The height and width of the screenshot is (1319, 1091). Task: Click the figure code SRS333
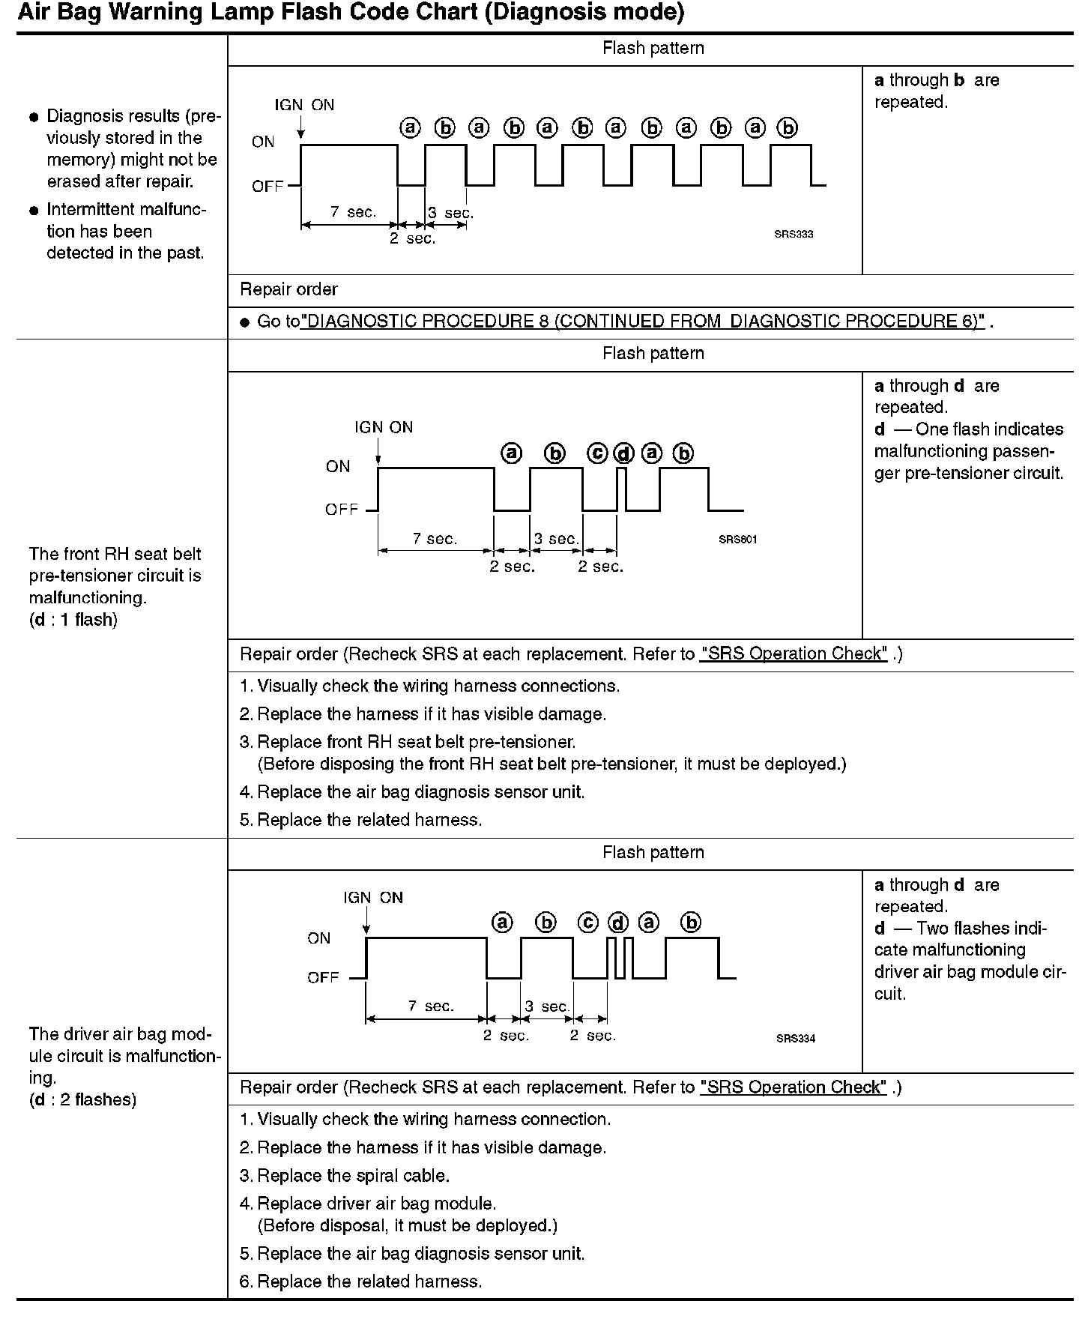[x=794, y=234]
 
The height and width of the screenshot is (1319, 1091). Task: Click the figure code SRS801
[x=737, y=540]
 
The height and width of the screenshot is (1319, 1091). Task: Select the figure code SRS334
[x=795, y=1038]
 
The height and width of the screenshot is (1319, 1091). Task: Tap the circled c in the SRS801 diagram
[x=597, y=453]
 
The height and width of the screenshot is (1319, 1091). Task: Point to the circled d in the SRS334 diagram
[x=617, y=923]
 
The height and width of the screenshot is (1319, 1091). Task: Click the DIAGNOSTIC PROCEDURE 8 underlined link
[x=643, y=322]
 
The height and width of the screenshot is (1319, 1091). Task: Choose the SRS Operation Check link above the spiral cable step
[x=794, y=1087]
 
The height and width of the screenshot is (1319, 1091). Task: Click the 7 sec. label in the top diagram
[x=353, y=212]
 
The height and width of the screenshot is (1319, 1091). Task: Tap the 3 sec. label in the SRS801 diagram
[x=556, y=539]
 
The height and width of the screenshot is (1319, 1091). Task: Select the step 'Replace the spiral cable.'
[x=353, y=1176]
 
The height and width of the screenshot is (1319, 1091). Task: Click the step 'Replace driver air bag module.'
[x=376, y=1204]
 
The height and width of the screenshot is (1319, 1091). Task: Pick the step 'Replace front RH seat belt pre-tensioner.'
[x=416, y=742]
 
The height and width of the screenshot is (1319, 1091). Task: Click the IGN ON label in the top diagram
[x=304, y=105]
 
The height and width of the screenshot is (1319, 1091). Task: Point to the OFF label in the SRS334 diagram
[x=323, y=978]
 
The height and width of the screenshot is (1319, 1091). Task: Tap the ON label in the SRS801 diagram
[x=338, y=466]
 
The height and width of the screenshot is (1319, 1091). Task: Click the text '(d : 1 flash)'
[x=73, y=620]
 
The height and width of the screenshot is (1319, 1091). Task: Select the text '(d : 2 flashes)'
[x=82, y=1099]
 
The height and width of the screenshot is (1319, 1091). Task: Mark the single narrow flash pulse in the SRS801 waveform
[x=621, y=489]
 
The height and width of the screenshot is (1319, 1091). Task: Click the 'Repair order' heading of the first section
[x=288, y=289]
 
